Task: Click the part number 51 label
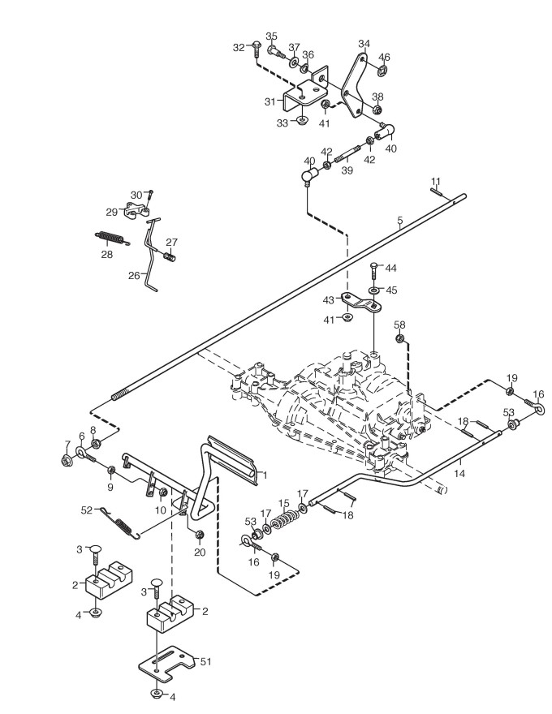pyautogui.click(x=206, y=660)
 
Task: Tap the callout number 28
pyautogui.click(x=106, y=254)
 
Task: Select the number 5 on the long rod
pyautogui.click(x=400, y=222)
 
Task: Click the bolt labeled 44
pyautogui.click(x=374, y=271)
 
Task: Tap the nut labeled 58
pyautogui.click(x=400, y=338)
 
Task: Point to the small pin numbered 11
pyautogui.click(x=436, y=191)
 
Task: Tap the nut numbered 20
pyautogui.click(x=199, y=534)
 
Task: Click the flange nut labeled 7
pyautogui.click(x=67, y=460)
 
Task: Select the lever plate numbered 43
pyautogui.click(x=361, y=303)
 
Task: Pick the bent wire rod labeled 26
pyautogui.click(x=150, y=254)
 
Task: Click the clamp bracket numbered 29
pyautogui.click(x=136, y=211)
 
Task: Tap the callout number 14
pyautogui.click(x=459, y=474)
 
